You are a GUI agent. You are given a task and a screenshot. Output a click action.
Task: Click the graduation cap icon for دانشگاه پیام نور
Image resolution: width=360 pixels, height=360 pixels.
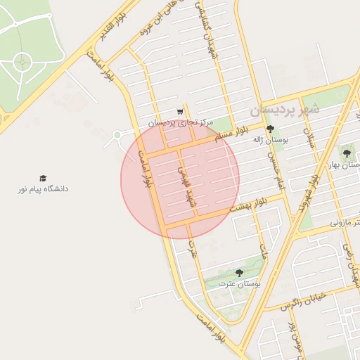43,179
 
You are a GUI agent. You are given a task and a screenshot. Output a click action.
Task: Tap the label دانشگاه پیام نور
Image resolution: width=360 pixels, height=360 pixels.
44,189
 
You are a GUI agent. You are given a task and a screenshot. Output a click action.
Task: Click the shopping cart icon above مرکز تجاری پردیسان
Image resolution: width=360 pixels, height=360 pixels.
180,112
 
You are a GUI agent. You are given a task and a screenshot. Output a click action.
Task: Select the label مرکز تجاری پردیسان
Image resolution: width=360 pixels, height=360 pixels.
180,122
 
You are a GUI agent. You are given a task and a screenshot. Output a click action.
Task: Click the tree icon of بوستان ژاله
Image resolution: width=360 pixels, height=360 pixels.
271,129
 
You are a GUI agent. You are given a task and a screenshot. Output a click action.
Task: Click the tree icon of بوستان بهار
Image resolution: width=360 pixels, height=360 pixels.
346,152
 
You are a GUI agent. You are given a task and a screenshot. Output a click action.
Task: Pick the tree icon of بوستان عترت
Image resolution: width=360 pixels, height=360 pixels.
239,273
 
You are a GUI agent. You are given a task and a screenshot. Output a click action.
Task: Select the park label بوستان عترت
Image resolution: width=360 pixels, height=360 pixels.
239,283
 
